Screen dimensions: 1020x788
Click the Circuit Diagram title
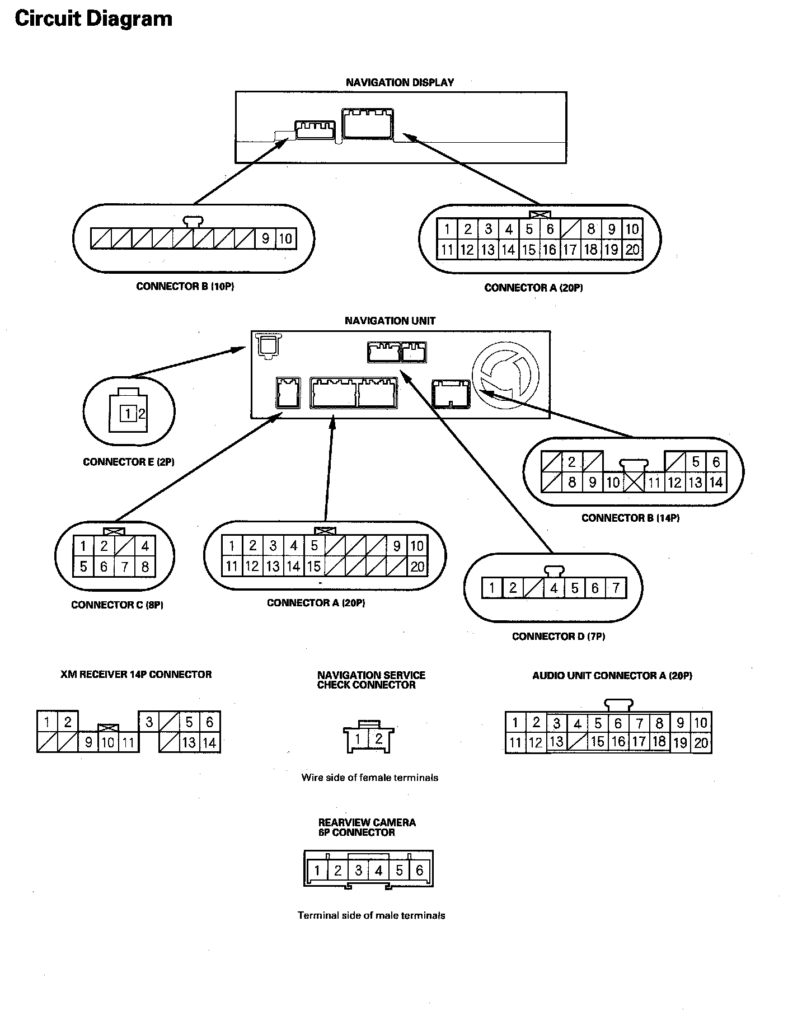(93, 19)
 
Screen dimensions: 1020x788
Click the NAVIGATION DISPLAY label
(400, 82)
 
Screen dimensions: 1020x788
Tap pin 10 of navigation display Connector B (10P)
(285, 238)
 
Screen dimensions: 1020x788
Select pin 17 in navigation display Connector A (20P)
(570, 250)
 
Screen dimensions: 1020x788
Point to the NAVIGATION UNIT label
(390, 321)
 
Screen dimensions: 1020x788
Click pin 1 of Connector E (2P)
(128, 414)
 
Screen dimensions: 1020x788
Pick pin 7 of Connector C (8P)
(124, 567)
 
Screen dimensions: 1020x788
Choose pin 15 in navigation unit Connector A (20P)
(314, 567)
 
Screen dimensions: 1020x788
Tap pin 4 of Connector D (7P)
(554, 588)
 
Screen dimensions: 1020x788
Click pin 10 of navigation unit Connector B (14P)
(613, 483)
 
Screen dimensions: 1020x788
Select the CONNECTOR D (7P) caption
(558, 637)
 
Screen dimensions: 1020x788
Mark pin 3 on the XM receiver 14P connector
(149, 722)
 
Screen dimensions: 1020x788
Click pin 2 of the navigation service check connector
(378, 739)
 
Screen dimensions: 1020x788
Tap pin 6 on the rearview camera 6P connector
(419, 871)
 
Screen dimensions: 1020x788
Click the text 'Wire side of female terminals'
(369, 778)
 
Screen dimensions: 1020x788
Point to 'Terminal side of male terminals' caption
(371, 916)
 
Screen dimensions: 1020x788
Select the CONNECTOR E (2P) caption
(129, 462)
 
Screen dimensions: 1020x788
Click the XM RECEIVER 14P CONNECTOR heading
(136, 675)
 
